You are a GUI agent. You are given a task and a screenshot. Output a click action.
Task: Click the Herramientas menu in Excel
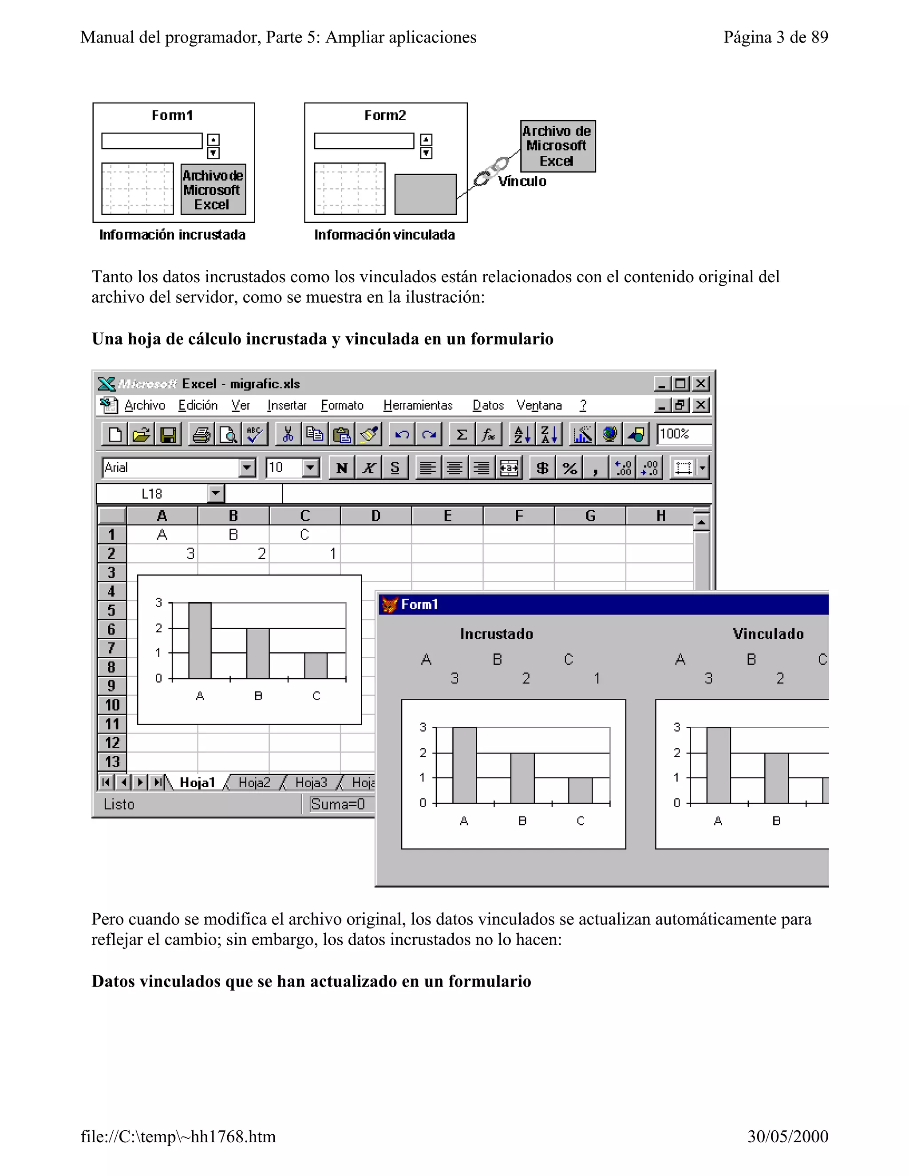pyautogui.click(x=418, y=406)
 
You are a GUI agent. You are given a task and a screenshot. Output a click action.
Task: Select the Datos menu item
pyautogui.click(x=488, y=406)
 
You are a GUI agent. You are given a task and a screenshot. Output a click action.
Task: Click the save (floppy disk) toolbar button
pyautogui.click(x=168, y=434)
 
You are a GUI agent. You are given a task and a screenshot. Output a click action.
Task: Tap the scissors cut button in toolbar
pyautogui.click(x=288, y=434)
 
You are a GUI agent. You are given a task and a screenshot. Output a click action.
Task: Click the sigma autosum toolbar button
pyautogui.click(x=462, y=434)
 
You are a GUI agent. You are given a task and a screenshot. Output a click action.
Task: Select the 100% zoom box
pyautogui.click(x=683, y=434)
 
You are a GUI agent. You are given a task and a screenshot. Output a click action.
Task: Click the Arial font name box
pyautogui.click(x=171, y=467)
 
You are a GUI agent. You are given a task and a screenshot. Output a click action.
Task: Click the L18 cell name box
pyautogui.click(x=152, y=494)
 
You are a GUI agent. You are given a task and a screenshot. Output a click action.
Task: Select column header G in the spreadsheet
pyautogui.click(x=590, y=516)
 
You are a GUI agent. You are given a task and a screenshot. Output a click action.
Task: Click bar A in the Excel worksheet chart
pyautogui.click(x=200, y=641)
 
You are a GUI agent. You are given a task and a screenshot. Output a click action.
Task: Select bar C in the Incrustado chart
pyautogui.click(x=580, y=790)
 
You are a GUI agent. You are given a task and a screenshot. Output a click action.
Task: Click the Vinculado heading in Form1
pyautogui.click(x=768, y=634)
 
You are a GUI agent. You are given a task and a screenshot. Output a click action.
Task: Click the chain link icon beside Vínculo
pyautogui.click(x=490, y=172)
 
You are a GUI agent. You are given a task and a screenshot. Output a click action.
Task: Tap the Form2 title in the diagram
pyautogui.click(x=385, y=115)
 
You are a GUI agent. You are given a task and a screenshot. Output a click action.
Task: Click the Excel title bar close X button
pyautogui.click(x=700, y=383)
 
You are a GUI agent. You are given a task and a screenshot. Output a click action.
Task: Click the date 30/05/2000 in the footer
pyautogui.click(x=787, y=1136)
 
